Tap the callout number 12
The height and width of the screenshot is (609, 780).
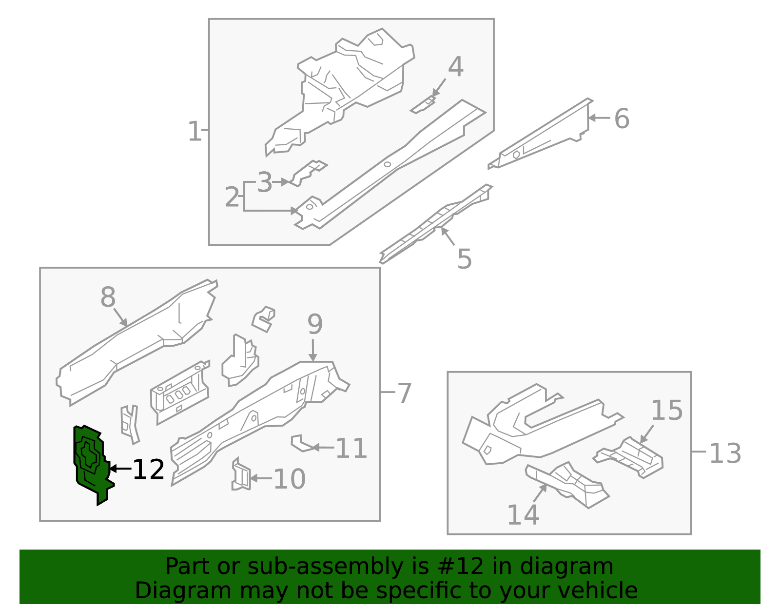[148, 470]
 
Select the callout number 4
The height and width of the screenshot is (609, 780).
[455, 67]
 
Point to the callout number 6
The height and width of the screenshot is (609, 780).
[622, 119]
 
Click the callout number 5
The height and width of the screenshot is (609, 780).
[464, 259]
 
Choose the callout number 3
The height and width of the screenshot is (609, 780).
[264, 183]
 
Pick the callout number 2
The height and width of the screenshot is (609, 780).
[232, 197]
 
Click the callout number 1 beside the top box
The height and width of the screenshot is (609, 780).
[194, 132]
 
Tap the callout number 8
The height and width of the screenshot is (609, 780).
[108, 297]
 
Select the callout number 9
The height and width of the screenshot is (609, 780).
[315, 324]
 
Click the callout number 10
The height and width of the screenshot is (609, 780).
[289, 479]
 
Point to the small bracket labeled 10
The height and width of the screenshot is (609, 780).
[241, 474]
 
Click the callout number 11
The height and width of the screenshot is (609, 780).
[351, 449]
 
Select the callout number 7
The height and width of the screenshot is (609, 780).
[405, 393]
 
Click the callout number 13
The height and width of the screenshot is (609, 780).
[725, 453]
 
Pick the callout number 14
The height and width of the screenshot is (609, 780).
[523, 515]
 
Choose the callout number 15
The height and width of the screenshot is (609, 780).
[666, 411]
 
